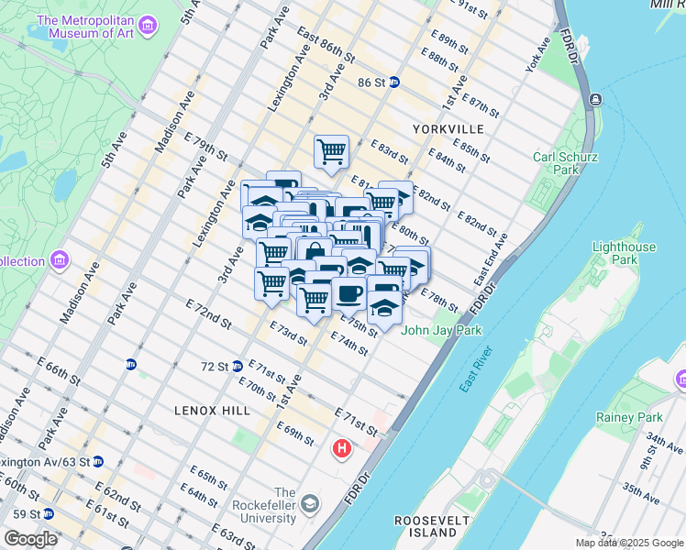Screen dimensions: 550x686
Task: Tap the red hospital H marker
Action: pyautogui.click(x=342, y=449)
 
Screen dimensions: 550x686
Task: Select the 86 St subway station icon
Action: pyautogui.click(x=394, y=82)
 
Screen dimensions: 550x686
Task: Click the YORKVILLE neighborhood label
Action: pyautogui.click(x=447, y=129)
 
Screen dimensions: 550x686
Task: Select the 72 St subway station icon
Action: pyautogui.click(x=238, y=366)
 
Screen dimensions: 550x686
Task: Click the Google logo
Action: pyautogui.click(x=30, y=539)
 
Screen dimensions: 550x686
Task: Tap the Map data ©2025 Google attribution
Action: pyautogui.click(x=628, y=543)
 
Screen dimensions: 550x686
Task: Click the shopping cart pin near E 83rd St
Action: pyautogui.click(x=331, y=150)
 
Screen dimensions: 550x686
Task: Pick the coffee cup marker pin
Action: pyautogui.click(x=349, y=293)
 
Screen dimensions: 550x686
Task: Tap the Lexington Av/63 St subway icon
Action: pyautogui.click(x=97, y=461)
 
